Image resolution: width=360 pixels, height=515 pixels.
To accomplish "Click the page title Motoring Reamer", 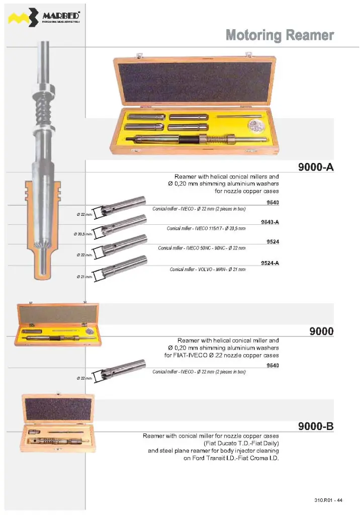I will point(280,35).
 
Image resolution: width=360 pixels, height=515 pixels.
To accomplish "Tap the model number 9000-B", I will point(316,426).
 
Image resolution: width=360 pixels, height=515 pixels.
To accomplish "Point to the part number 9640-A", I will point(270,222).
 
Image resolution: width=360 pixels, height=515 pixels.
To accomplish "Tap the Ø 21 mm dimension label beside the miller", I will point(83,277).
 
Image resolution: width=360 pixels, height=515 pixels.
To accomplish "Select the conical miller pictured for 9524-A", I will point(123,266).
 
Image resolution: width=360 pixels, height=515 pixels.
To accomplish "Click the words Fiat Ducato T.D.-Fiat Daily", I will point(241,444).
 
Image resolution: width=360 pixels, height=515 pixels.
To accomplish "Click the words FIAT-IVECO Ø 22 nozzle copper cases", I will point(222,355).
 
